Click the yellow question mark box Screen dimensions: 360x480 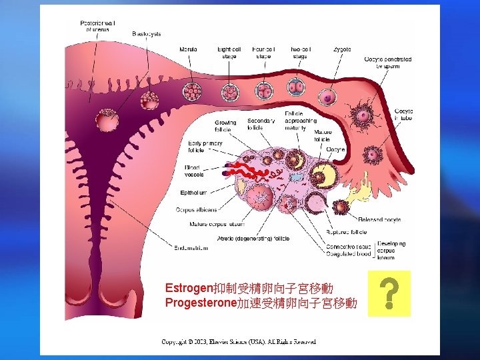[394, 293]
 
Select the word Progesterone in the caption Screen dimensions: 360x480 [201, 303]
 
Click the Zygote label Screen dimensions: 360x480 [342, 50]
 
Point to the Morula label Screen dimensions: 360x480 [188, 49]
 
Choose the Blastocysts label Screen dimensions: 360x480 [147, 33]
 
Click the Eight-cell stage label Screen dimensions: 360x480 [229, 53]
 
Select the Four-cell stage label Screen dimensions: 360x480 [264, 53]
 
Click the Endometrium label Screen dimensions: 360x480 [191, 248]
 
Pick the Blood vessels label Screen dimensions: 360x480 [194, 171]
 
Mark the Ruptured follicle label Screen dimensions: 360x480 [346, 233]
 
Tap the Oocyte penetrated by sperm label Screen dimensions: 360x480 [387, 63]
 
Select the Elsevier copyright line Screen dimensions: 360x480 [239, 342]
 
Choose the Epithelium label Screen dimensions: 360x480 [197, 193]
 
